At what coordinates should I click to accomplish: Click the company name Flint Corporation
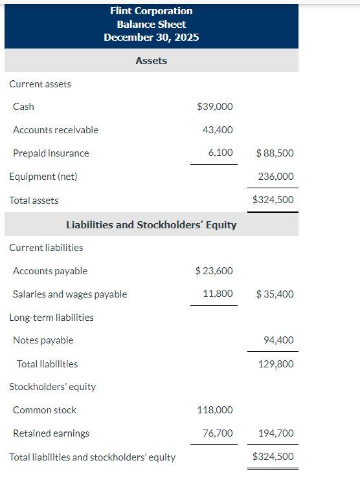click(x=151, y=11)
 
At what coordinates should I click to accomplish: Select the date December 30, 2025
click(x=151, y=37)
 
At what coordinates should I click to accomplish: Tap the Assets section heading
click(x=151, y=61)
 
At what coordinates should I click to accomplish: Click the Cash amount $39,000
click(x=214, y=107)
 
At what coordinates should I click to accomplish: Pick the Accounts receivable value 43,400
click(x=218, y=130)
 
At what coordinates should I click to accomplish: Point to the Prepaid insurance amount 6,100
click(x=220, y=153)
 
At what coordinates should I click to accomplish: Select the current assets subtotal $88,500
click(x=275, y=153)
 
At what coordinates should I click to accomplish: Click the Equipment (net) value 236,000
click(x=275, y=177)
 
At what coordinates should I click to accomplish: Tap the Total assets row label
click(x=34, y=201)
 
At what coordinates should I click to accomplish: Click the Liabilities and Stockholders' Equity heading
click(x=151, y=225)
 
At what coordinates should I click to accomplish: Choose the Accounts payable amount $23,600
click(x=214, y=271)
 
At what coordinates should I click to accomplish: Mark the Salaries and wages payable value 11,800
click(x=218, y=294)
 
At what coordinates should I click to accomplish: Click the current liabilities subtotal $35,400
click(x=275, y=294)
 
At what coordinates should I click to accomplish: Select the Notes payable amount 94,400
click(x=278, y=340)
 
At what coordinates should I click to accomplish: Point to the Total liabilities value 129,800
click(x=275, y=364)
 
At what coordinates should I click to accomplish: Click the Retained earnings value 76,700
click(x=218, y=433)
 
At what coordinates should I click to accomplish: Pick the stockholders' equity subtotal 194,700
click(x=275, y=433)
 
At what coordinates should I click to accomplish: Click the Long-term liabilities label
click(x=51, y=318)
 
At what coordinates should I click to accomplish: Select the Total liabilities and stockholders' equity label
click(x=92, y=457)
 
